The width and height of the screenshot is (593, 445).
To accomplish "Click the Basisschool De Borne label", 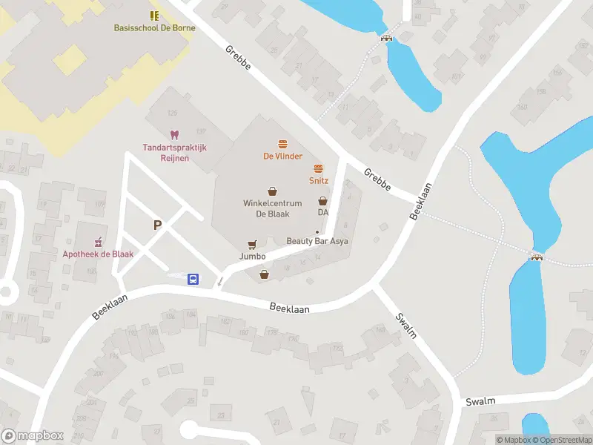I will (x=154, y=28).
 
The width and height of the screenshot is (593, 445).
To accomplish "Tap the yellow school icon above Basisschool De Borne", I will (x=154, y=15).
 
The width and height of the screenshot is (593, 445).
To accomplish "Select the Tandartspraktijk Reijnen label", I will (x=175, y=152).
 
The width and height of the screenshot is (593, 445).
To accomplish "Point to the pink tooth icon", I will (x=175, y=135).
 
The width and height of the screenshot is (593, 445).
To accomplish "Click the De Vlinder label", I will (x=282, y=156).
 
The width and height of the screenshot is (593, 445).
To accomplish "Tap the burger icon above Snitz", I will (x=319, y=168).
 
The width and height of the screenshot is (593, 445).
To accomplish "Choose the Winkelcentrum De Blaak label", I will (x=272, y=208).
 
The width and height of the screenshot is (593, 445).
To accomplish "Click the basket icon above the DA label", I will (x=322, y=200).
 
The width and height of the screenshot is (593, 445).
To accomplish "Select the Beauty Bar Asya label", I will (x=317, y=241).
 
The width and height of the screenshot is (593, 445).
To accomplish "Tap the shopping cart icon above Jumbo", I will (x=253, y=244).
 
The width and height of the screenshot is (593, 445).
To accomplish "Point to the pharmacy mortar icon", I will (x=98, y=242).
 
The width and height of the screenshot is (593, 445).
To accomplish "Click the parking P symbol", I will (x=157, y=225).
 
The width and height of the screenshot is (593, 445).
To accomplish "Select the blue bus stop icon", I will (x=193, y=279).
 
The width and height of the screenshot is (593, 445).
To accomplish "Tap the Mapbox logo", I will (x=33, y=436).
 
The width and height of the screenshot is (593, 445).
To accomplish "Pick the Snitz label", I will (x=319, y=181).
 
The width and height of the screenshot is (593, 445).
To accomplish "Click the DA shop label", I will (x=322, y=213).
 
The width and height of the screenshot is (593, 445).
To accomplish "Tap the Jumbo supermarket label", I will (x=253, y=257).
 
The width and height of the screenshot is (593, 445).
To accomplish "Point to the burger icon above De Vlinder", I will (x=282, y=144).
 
